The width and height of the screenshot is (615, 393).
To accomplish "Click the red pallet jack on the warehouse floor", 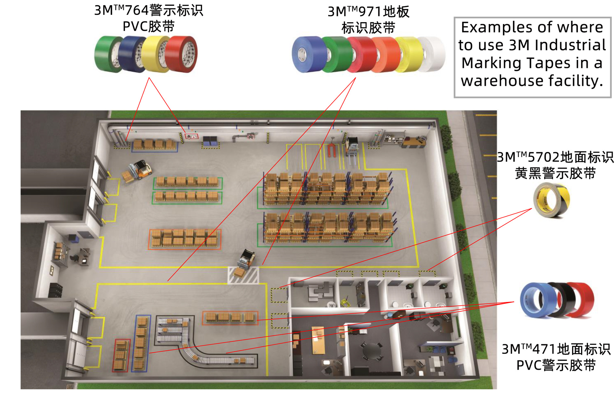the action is (x=332, y=149).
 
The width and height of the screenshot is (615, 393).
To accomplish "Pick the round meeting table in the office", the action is (x=372, y=350).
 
